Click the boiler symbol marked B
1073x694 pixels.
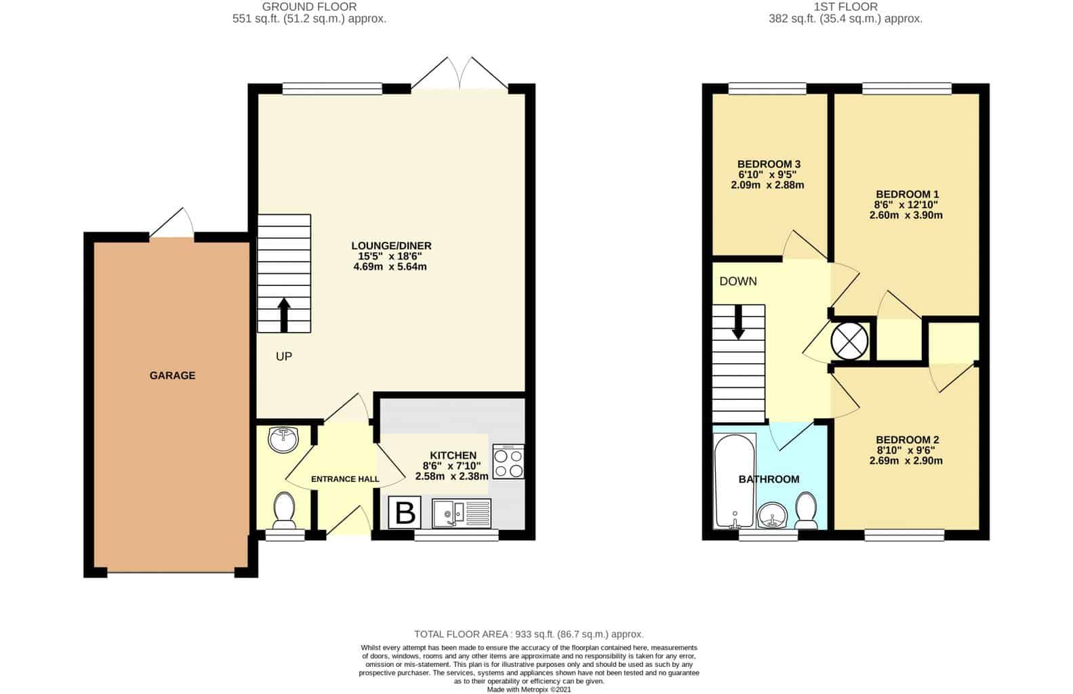405,512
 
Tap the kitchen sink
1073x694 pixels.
462,514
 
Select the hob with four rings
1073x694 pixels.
508,462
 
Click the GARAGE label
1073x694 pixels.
172,375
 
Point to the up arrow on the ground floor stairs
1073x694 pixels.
284,315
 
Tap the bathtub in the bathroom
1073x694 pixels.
735,481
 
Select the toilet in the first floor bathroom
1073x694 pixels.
806,511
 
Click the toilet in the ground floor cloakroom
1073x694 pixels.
284,511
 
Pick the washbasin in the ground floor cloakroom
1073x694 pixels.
284,440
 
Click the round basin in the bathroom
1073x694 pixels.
772,515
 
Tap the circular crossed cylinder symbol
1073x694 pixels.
849,340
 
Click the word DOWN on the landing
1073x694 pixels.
738,281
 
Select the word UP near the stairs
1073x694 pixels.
284,356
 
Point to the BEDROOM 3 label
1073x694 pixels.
769,164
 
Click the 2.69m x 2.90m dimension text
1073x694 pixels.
906,461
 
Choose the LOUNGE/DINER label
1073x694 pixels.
391,246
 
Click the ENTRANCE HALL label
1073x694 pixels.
345,479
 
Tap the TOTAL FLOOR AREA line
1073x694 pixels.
529,634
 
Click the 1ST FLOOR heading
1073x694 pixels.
846,7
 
